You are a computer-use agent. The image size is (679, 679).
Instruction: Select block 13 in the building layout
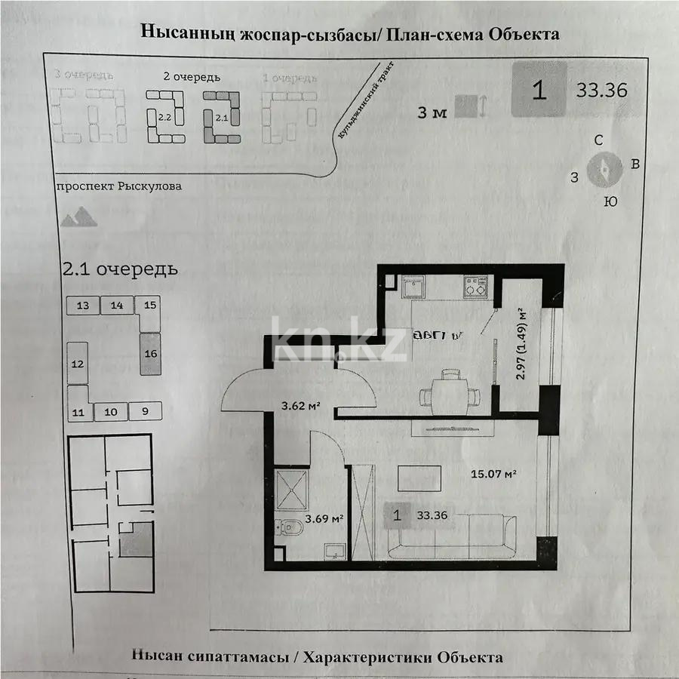(83, 306)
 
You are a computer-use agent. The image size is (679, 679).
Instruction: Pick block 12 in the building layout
(77, 364)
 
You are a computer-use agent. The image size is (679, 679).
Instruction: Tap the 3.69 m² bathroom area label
(324, 519)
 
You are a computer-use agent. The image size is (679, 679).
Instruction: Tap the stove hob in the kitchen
(476, 286)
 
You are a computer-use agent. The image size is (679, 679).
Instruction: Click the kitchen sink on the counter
(413, 287)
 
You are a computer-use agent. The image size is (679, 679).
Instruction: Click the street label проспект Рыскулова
(118, 186)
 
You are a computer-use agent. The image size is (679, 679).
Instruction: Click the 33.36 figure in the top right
(602, 91)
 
